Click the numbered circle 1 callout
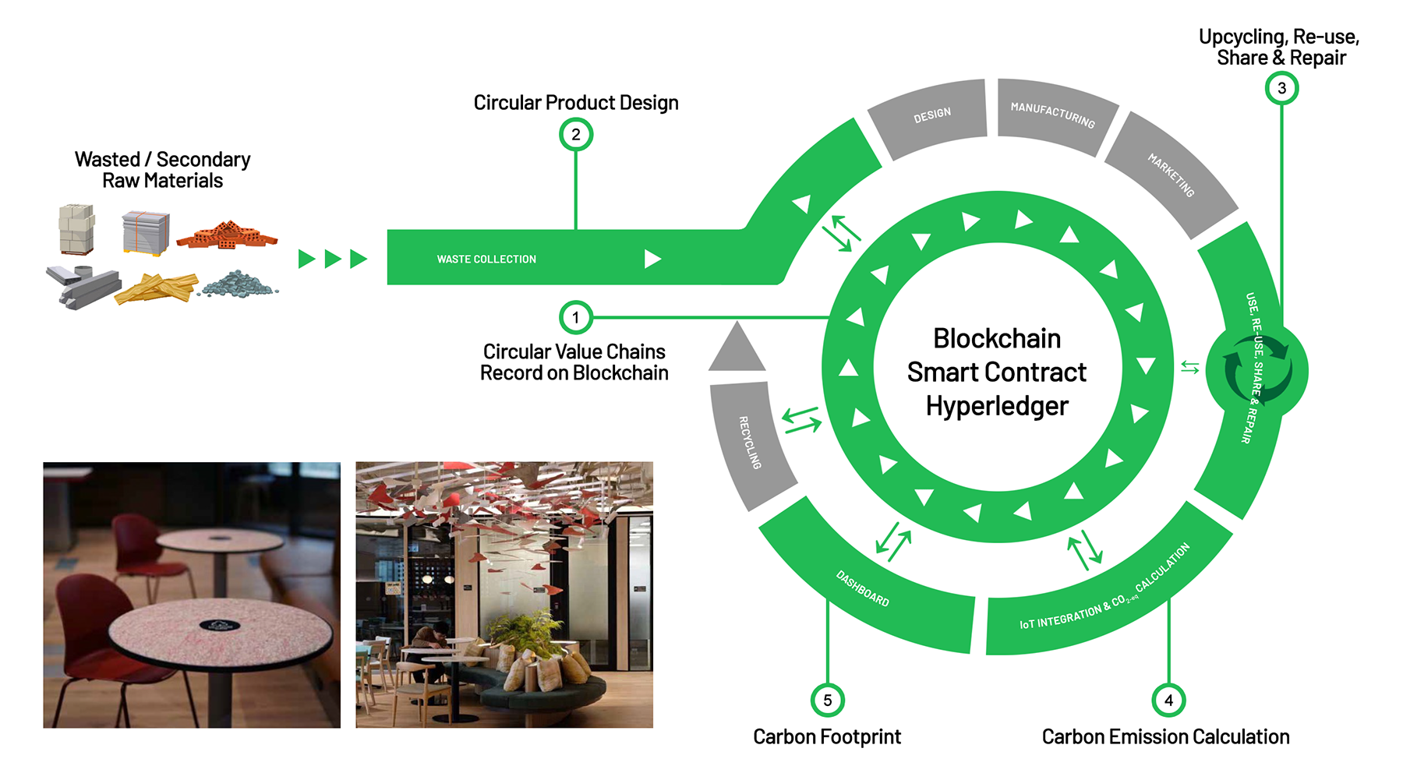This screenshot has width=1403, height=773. [575, 318]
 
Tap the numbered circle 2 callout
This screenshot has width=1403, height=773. [575, 135]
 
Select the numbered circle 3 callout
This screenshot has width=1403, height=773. [1281, 88]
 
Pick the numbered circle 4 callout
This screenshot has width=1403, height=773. [1168, 701]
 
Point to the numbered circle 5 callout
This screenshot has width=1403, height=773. [827, 701]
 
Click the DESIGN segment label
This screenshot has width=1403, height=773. [932, 115]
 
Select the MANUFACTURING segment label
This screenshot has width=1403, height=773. [1052, 115]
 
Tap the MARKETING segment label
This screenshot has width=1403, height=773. [1171, 175]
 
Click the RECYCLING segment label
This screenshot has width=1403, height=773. [750, 442]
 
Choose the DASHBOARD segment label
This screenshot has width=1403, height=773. [862, 588]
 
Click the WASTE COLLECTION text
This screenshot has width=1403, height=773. [486, 259]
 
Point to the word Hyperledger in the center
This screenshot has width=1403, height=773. [997, 406]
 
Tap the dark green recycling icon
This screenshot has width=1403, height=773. [1256, 369]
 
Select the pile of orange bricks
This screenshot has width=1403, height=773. [227, 235]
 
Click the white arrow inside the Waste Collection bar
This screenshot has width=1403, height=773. [652, 259]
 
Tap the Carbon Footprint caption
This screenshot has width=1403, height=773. [826, 736]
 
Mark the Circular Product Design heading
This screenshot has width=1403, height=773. [575, 103]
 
